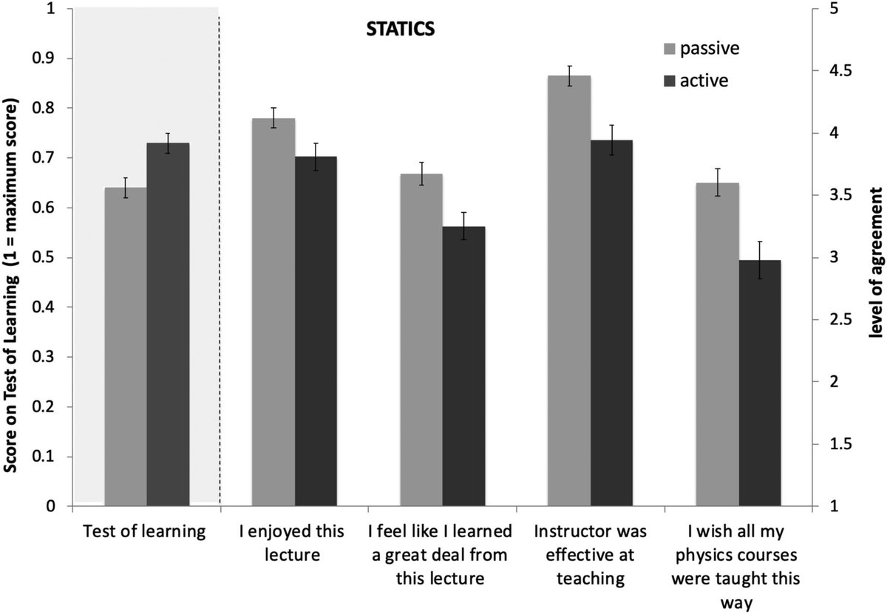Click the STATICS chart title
click(x=399, y=30)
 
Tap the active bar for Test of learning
click(x=167, y=325)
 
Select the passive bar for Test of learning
click(x=125, y=347)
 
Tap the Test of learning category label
click(x=144, y=530)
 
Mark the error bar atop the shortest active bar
click(x=760, y=260)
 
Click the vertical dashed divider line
click(x=220, y=259)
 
